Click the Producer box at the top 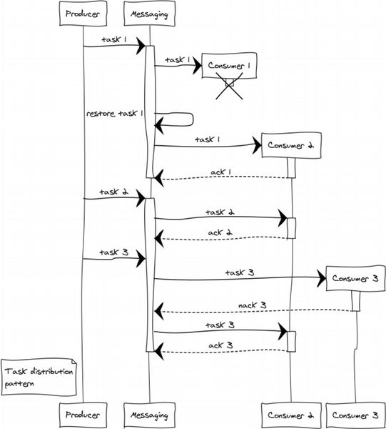click(83, 14)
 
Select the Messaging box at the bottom click(150, 415)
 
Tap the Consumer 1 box click(229, 66)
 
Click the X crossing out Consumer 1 click(229, 86)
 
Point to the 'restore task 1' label click(115, 113)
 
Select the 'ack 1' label click(221, 172)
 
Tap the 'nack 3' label click(253, 305)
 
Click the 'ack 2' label click(220, 232)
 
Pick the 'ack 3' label click(220, 345)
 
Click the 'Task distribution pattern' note click(39, 378)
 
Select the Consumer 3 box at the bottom click(355, 415)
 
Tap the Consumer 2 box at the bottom click(291, 415)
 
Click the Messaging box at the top click(150, 14)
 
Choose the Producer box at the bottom click(83, 415)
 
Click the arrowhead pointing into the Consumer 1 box click(198, 65)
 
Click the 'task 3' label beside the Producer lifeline click(114, 252)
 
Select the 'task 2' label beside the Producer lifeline click(114, 192)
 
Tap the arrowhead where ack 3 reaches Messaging click(159, 351)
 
